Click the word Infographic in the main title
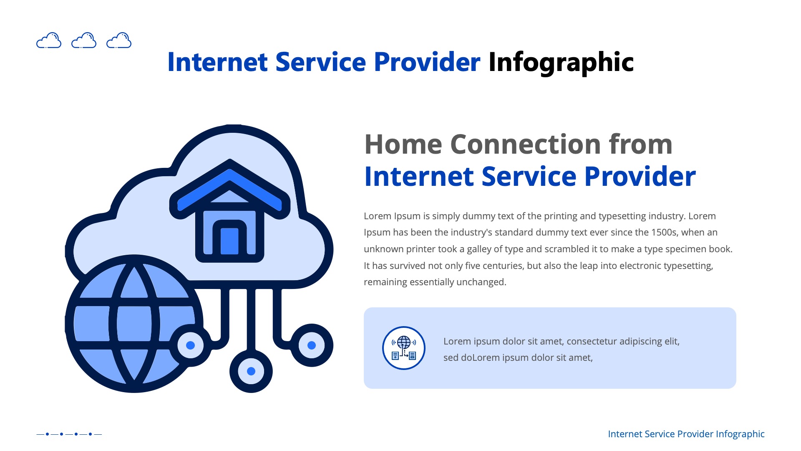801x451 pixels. [561, 63]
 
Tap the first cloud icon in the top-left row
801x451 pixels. [49, 41]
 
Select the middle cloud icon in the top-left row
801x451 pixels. [84, 41]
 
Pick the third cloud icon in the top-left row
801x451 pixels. [119, 41]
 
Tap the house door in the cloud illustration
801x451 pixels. [229, 241]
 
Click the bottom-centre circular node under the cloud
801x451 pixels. [251, 371]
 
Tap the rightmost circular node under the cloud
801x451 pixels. [312, 345]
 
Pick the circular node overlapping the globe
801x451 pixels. [191, 345]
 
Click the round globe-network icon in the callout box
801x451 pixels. [403, 348]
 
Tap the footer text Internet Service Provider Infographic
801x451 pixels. [686, 434]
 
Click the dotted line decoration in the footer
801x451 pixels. [69, 434]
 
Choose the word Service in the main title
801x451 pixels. [320, 63]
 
